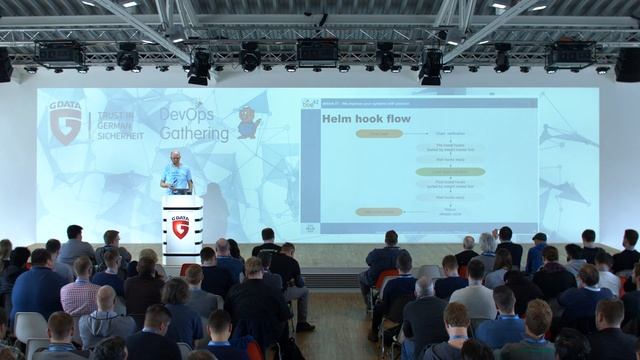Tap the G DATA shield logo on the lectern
tap(180, 227)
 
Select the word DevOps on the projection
tap(187, 115)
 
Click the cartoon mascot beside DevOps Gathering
tap(247, 122)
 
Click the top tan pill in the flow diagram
tap(379, 133)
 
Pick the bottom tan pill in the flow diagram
tap(379, 211)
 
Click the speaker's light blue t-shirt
tap(177, 177)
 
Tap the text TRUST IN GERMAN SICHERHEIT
tap(119, 125)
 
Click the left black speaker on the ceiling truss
tap(5, 64)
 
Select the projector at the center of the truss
tap(317, 52)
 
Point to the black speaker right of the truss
tap(628, 64)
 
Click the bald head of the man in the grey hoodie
tap(105, 297)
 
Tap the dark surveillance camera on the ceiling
tap(322, 19)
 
